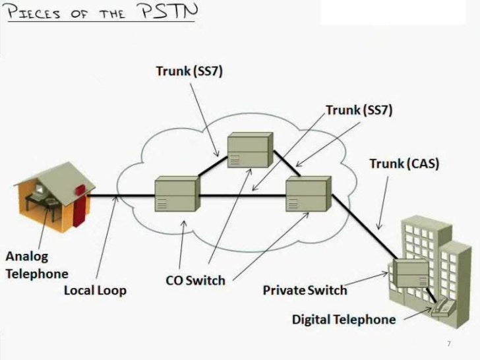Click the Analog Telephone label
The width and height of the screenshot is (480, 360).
pyautogui.click(x=37, y=264)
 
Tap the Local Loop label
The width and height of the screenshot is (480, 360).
pyautogui.click(x=95, y=289)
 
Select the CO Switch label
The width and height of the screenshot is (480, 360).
pyautogui.click(x=195, y=280)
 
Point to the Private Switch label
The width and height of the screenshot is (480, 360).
pyautogui.click(x=305, y=289)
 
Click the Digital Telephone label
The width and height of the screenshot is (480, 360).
pyautogui.click(x=344, y=320)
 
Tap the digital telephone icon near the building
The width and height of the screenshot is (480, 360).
pyautogui.click(x=442, y=306)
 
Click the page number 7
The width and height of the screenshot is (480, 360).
pyautogui.click(x=448, y=344)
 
